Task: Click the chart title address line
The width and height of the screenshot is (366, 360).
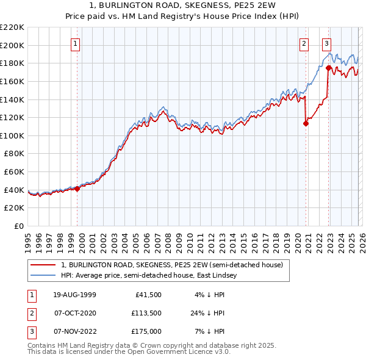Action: tap(182, 5)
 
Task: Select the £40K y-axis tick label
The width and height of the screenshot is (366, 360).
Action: tap(14, 190)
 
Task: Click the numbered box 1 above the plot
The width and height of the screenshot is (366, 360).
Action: tap(75, 43)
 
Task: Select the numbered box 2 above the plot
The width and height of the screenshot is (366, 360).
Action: tap(303, 43)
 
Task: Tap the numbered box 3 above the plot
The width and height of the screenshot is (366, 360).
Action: tap(326, 43)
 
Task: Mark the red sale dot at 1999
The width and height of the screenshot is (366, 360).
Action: tap(77, 189)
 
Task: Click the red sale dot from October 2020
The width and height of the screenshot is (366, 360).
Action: tap(306, 124)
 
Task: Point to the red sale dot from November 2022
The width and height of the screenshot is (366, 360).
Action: tap(328, 68)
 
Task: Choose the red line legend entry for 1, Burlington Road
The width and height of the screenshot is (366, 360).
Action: tap(171, 265)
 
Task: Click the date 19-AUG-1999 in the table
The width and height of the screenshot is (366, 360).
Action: tap(74, 295)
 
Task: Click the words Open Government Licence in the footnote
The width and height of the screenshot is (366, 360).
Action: tap(176, 351)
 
